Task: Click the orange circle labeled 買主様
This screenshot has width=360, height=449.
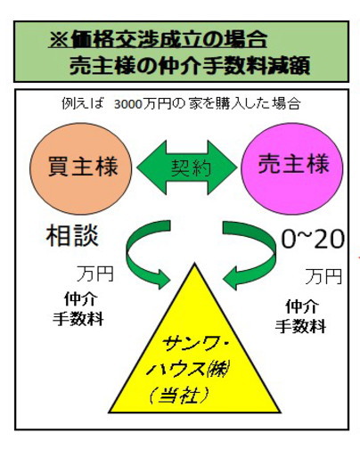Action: click(80, 168)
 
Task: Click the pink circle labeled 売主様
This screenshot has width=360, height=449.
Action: click(291, 168)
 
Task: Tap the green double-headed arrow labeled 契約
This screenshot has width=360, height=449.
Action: click(187, 167)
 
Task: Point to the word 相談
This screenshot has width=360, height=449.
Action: click(72, 236)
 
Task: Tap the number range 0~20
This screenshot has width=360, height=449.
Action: click(313, 239)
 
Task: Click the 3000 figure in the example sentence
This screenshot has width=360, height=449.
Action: click(127, 104)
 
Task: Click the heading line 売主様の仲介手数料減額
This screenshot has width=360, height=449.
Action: click(190, 65)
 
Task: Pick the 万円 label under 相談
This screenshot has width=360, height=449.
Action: click(95, 273)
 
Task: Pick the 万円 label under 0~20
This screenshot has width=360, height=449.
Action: click(323, 276)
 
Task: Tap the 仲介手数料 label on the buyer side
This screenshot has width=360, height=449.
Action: click(78, 309)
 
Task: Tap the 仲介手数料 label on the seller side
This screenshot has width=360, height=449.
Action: click(300, 316)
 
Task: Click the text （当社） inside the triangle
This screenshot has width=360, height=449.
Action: click(177, 396)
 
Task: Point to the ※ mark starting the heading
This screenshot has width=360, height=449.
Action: click(59, 40)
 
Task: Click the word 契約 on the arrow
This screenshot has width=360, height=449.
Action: click(191, 167)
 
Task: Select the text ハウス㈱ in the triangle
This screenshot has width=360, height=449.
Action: click(188, 370)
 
